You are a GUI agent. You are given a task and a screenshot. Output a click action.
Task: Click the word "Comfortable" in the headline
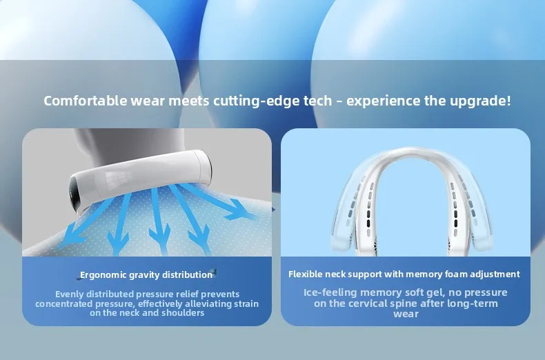coord(86,101)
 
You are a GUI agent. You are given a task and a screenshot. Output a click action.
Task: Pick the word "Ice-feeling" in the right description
coord(330,292)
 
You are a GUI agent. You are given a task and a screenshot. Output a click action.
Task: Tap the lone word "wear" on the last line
coord(406,314)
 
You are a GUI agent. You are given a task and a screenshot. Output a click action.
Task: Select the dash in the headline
coord(339,102)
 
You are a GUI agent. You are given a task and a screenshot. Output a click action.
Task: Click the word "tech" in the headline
coord(317,101)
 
